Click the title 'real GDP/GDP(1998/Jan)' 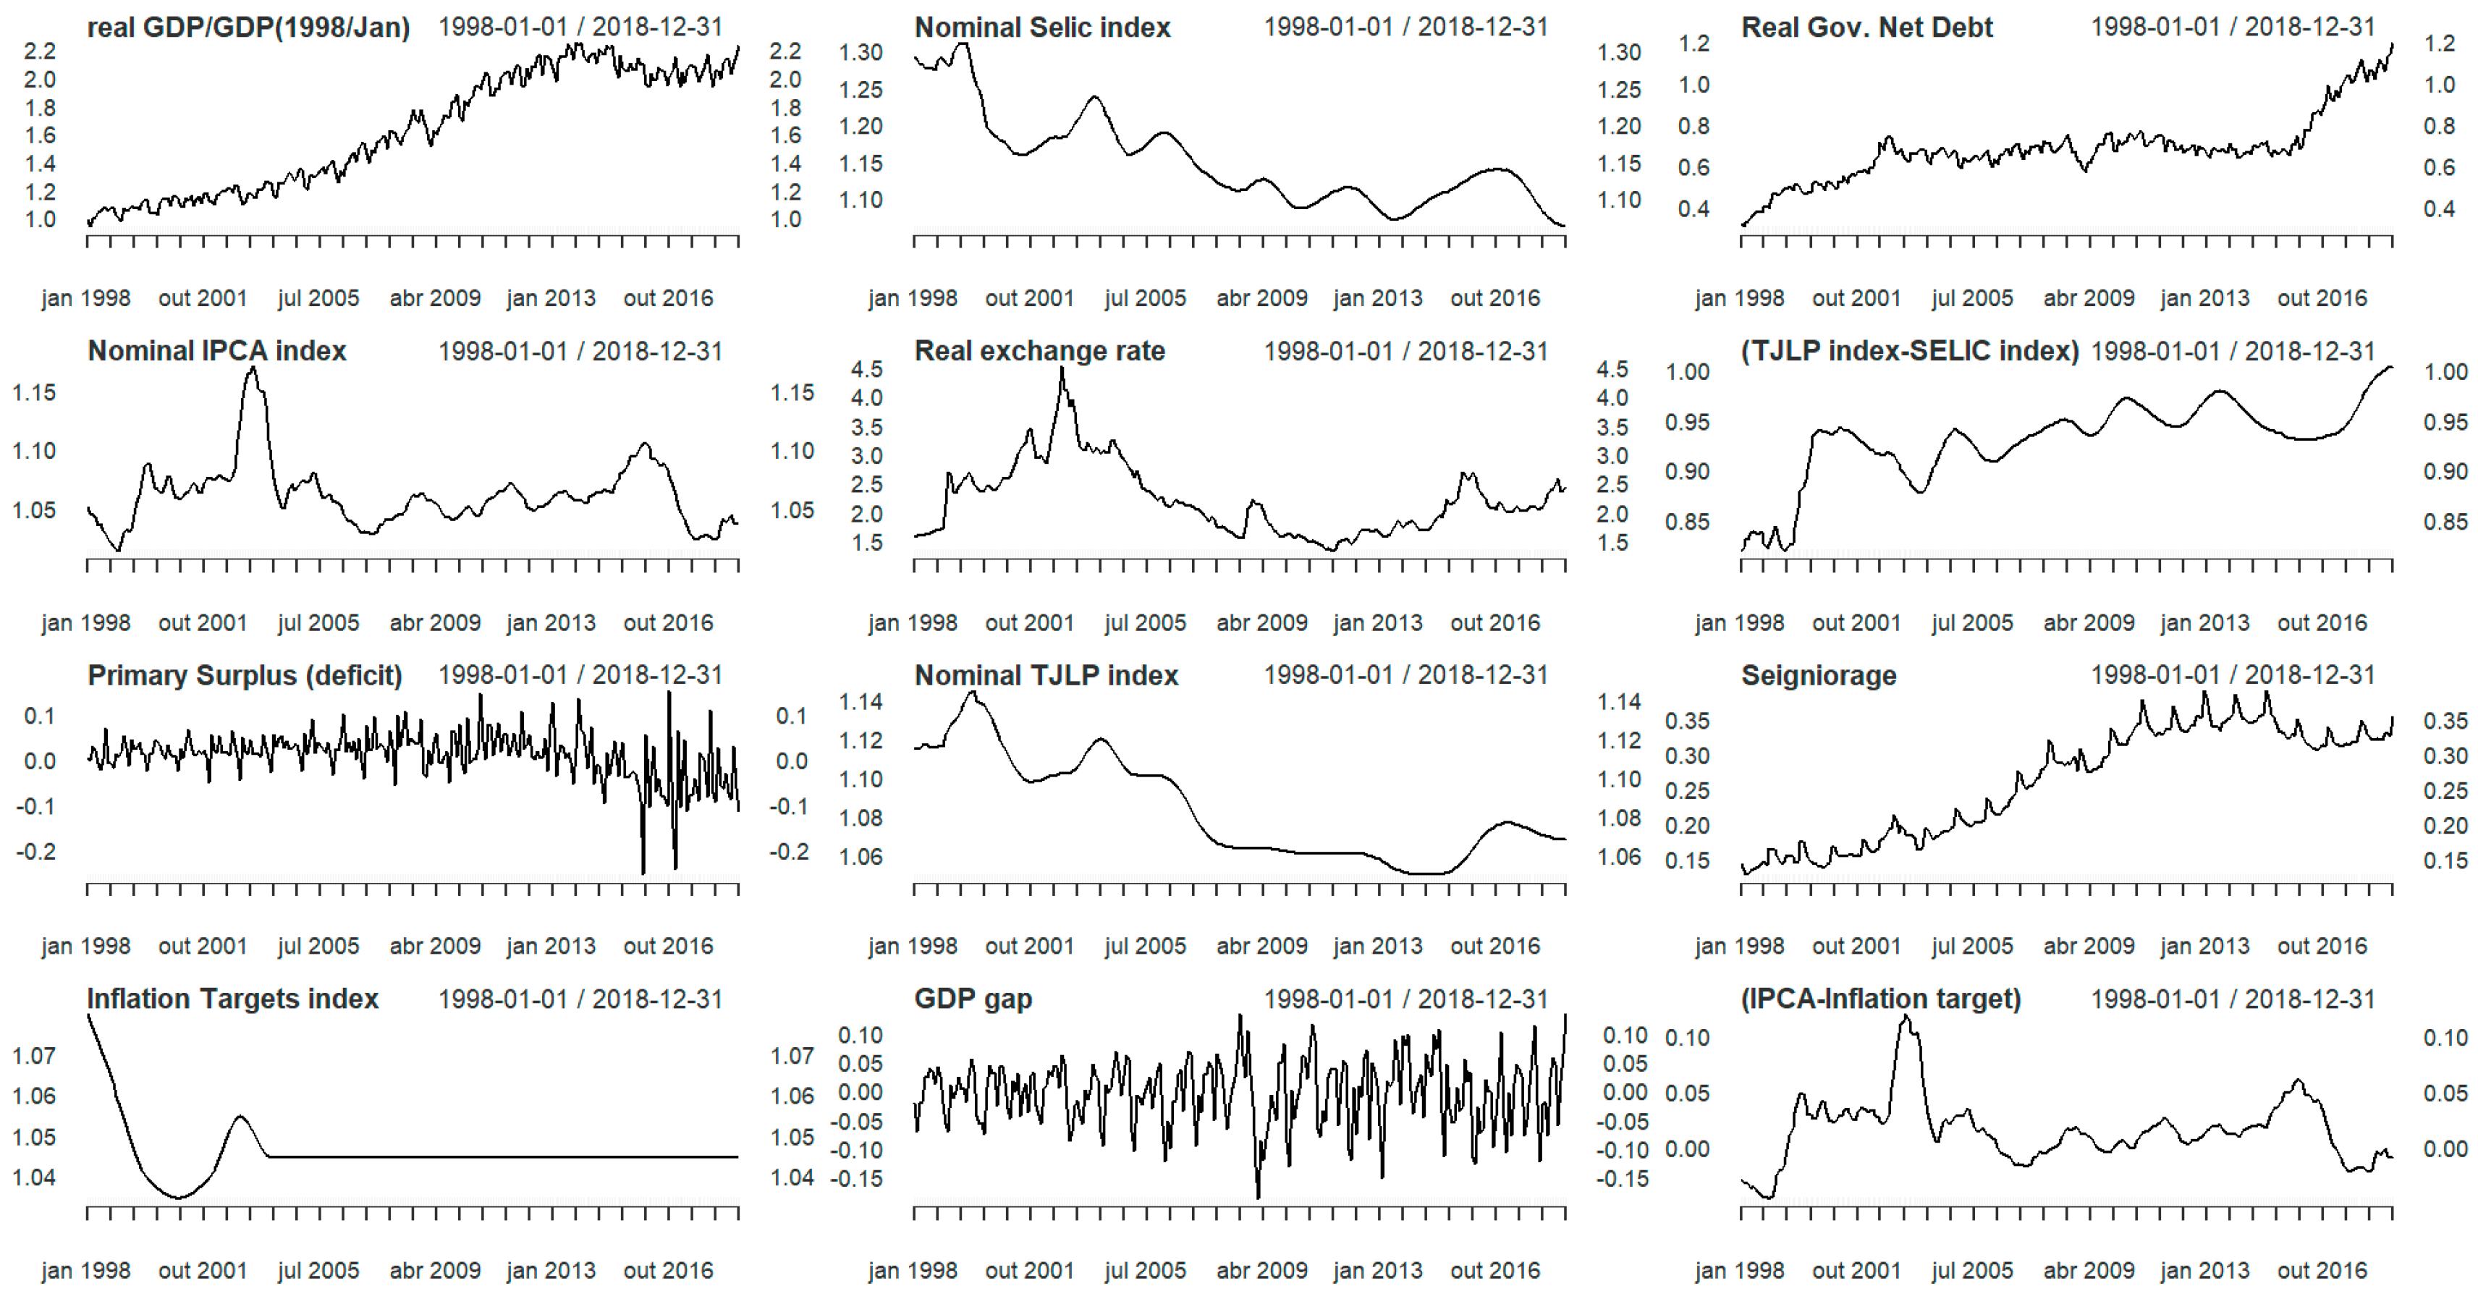[248, 27]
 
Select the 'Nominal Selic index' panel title [1042, 27]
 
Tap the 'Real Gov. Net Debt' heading [1866, 27]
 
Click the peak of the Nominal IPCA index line [252, 368]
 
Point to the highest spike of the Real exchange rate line [1062, 371]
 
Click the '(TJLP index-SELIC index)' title [1909, 351]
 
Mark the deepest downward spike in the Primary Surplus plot [643, 871]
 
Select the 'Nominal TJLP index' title [1046, 675]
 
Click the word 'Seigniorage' [1818, 675]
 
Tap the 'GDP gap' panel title [973, 999]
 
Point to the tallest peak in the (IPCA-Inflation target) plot [1905, 1016]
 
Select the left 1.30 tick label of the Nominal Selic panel [860, 52]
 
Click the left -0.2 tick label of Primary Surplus [35, 852]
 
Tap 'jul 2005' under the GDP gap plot [1145, 1270]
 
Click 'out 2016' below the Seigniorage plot [2321, 946]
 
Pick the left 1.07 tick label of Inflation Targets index [34, 1056]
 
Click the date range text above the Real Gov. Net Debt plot [2232, 27]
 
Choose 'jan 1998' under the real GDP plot [85, 298]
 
